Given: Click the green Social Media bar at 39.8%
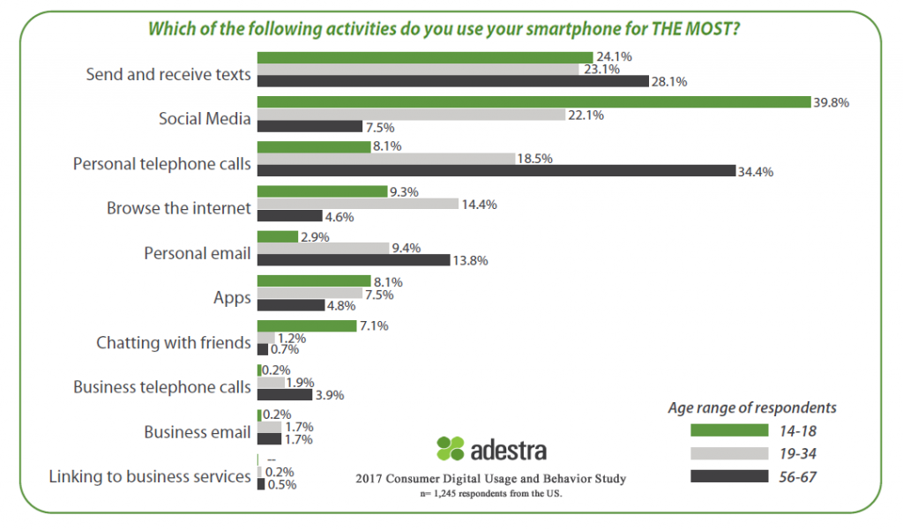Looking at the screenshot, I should (x=533, y=102).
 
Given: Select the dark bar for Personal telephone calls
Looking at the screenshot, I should (x=495, y=171).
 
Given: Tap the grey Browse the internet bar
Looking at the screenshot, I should (x=357, y=204).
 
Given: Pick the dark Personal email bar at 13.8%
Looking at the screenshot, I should (x=353, y=260).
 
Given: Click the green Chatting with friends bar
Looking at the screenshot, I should (x=306, y=325).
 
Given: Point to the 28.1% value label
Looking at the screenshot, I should (x=669, y=81).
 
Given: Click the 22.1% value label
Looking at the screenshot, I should (x=586, y=115).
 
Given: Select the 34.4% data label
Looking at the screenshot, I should (x=756, y=171).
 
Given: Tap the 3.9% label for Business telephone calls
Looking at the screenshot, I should (x=331, y=394).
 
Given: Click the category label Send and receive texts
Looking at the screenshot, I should (x=168, y=75).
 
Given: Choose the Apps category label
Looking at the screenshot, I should (x=232, y=298).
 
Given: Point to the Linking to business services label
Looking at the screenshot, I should (x=149, y=477).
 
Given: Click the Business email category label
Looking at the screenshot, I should (x=198, y=432).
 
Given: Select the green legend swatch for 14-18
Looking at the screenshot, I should (x=729, y=429).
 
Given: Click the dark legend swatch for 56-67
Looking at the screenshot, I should (x=729, y=475).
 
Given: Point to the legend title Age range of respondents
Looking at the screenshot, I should (x=752, y=408).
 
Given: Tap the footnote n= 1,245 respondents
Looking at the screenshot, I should (x=490, y=494).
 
